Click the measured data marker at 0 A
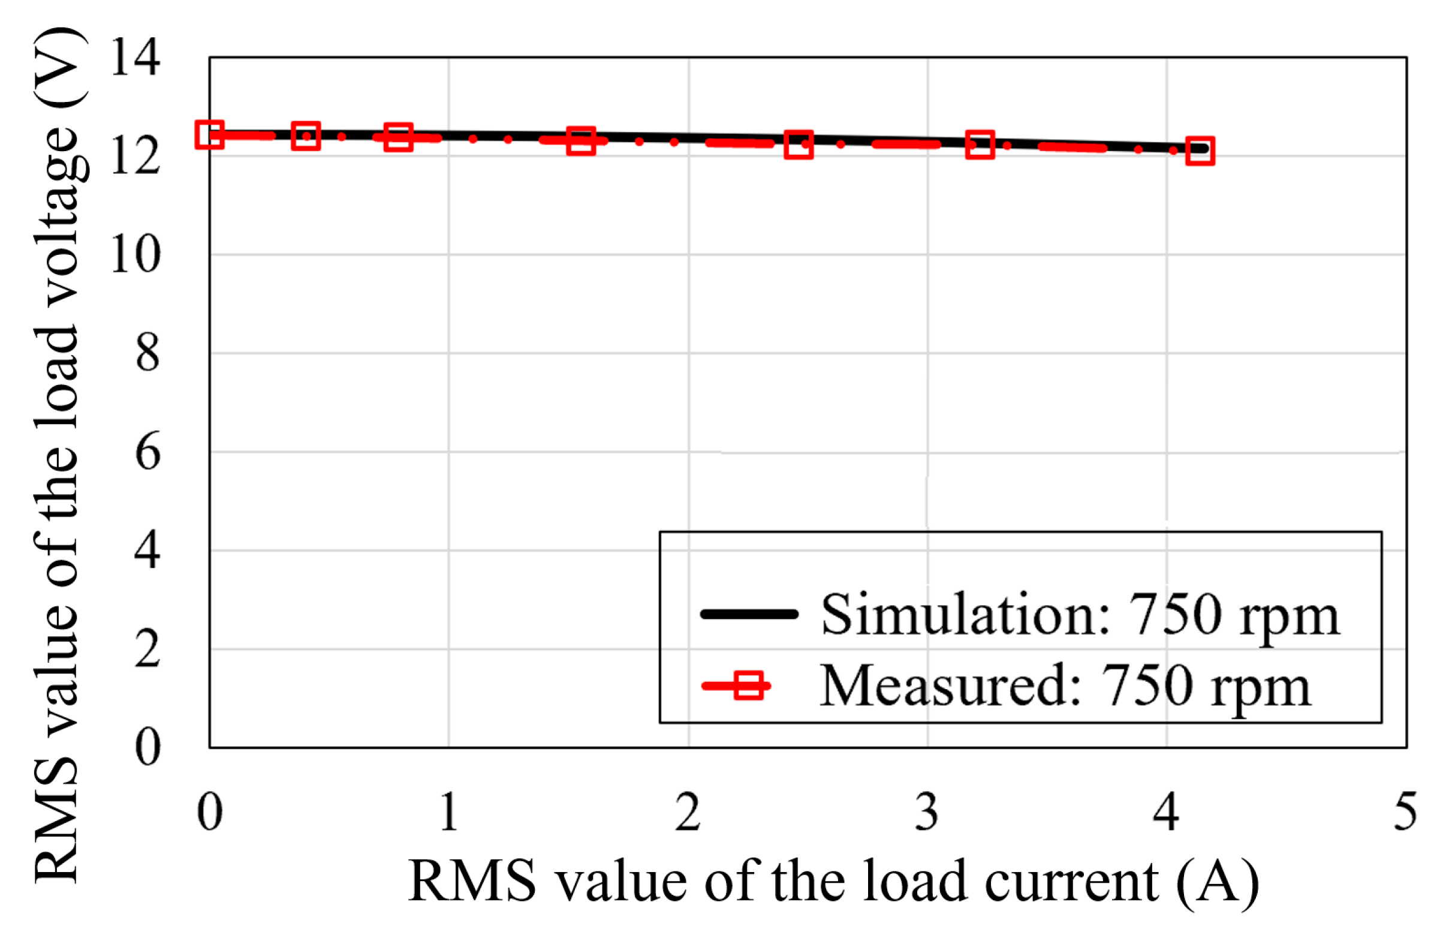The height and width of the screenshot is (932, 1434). click(x=210, y=134)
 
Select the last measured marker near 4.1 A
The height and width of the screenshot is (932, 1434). click(x=1200, y=151)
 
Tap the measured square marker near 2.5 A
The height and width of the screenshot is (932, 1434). click(x=799, y=145)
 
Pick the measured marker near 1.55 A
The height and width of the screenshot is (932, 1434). click(x=581, y=141)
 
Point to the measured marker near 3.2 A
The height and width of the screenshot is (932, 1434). click(x=980, y=145)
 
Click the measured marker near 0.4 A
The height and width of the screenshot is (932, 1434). click(x=306, y=136)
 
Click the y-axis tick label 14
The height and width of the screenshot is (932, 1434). click(x=135, y=58)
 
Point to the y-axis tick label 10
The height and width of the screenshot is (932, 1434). click(x=135, y=255)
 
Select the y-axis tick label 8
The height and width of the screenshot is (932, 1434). click(x=147, y=353)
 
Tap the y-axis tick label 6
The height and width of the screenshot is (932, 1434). click(x=147, y=452)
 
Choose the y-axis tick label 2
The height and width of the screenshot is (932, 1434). click(x=147, y=650)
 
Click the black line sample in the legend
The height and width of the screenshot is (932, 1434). click(x=749, y=614)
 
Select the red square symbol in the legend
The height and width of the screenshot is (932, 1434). click(x=749, y=686)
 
